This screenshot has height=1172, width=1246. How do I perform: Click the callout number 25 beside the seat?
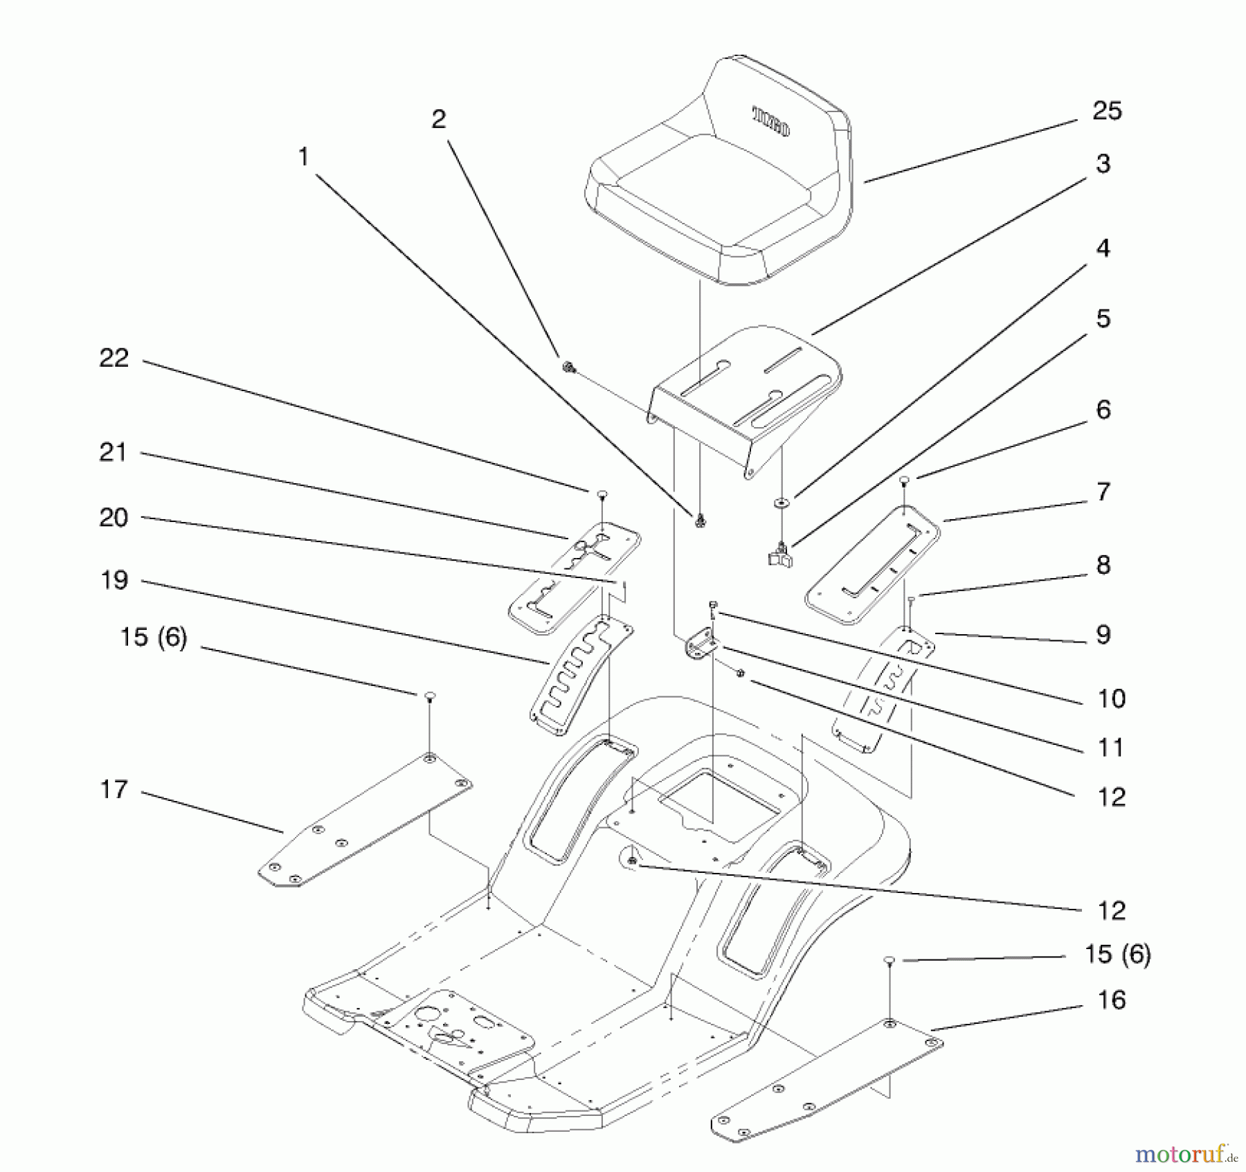(1107, 111)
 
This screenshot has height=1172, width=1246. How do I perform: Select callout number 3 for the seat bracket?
(1103, 164)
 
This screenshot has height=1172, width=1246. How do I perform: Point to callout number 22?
(114, 359)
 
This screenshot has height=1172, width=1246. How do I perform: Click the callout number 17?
(114, 789)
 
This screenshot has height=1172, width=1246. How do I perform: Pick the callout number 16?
(1112, 1000)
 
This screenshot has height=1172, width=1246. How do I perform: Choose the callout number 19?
(114, 580)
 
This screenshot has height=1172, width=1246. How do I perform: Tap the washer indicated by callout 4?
(781, 502)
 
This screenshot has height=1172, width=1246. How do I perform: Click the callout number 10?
(1112, 698)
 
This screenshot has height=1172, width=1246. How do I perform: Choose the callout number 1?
(303, 158)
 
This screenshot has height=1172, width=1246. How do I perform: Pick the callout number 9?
(1103, 635)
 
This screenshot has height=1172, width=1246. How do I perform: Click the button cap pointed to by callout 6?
(903, 479)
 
